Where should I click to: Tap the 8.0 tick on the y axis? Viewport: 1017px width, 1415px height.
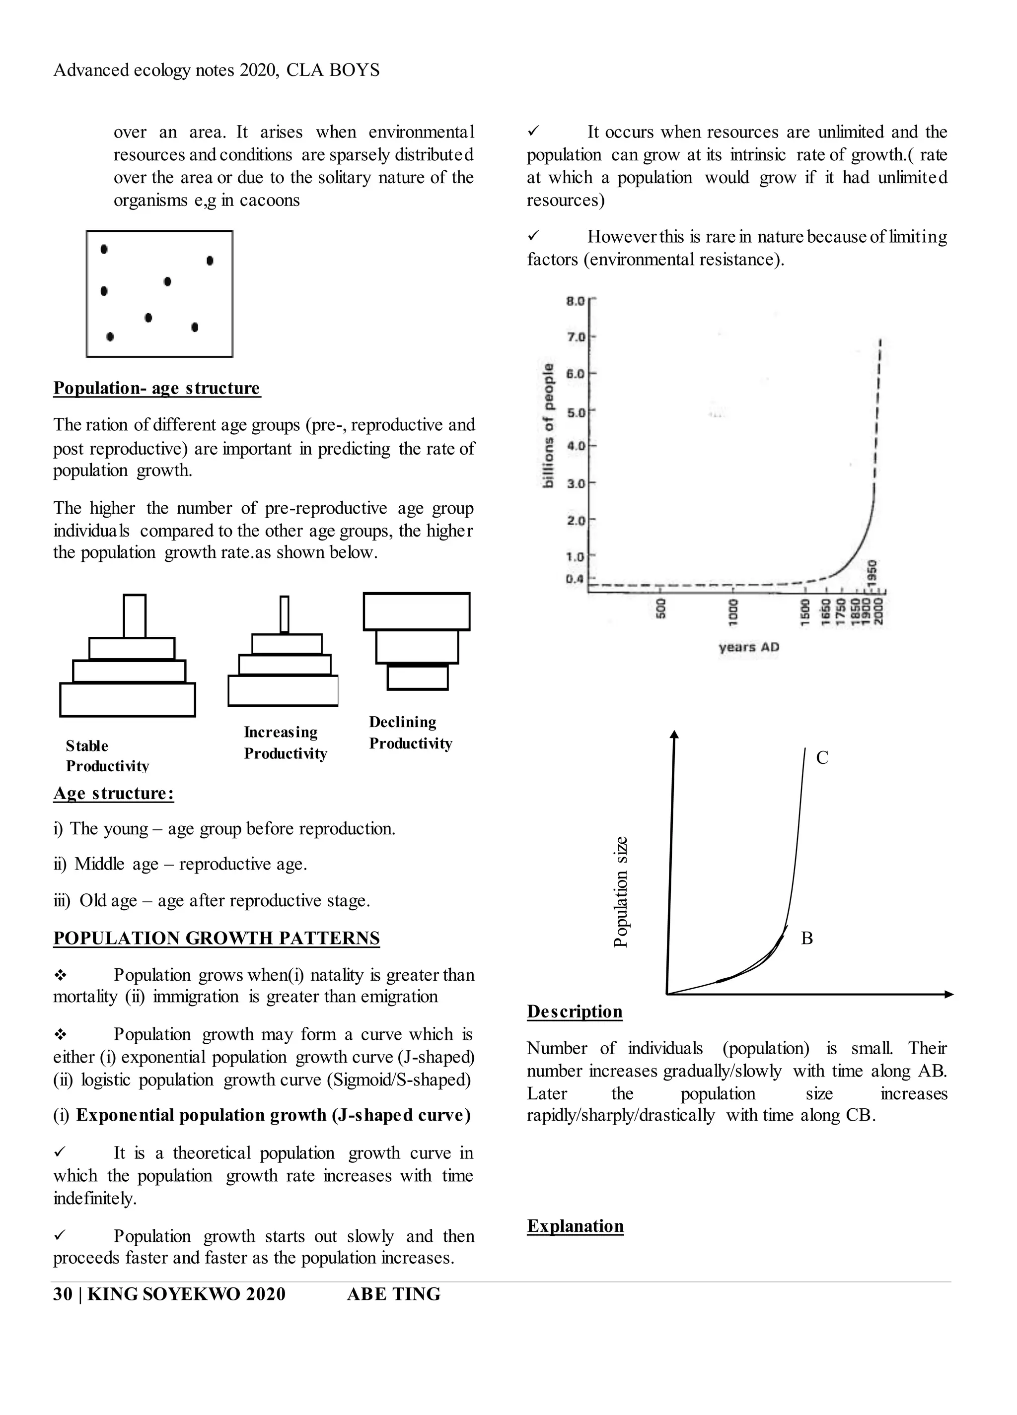coord(575,301)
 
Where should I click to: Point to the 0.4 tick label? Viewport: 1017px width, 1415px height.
coord(575,579)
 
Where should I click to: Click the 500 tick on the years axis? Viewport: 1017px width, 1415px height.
coord(660,608)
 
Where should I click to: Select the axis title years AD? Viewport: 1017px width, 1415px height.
coord(748,647)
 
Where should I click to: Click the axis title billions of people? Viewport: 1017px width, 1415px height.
coord(548,425)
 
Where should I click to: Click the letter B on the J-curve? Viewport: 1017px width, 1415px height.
coord(806,939)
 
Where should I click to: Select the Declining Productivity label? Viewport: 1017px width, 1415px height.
coord(410,733)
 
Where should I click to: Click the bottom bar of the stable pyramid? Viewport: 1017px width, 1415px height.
coord(127,699)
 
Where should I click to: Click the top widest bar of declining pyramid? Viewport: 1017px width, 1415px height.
coord(417,611)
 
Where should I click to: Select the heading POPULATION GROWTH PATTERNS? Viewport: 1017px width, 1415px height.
coord(216,939)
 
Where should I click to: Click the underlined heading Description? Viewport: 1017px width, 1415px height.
coord(575,1011)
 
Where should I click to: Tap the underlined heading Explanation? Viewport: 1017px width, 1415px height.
coord(575,1226)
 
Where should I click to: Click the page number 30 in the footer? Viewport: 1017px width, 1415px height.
coord(63,1294)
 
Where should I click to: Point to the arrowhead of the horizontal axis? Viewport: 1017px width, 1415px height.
coord(949,994)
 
